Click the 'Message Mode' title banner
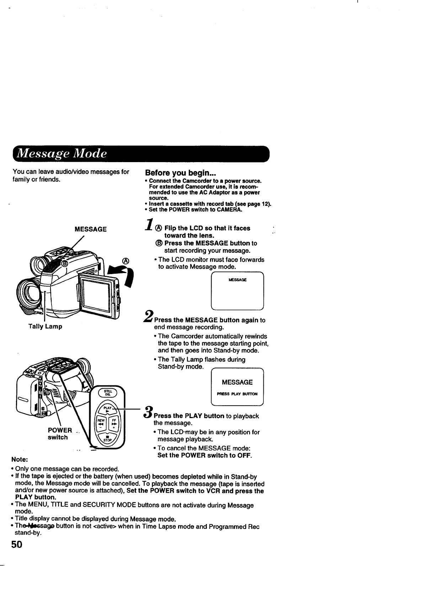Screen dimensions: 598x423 click(x=141, y=154)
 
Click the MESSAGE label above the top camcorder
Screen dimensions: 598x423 click(x=90, y=229)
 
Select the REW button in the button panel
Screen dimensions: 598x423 click(x=100, y=424)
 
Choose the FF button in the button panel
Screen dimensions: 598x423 click(x=114, y=424)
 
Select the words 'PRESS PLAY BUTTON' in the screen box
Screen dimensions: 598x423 click(x=237, y=394)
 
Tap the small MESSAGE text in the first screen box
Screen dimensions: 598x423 click(x=237, y=280)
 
